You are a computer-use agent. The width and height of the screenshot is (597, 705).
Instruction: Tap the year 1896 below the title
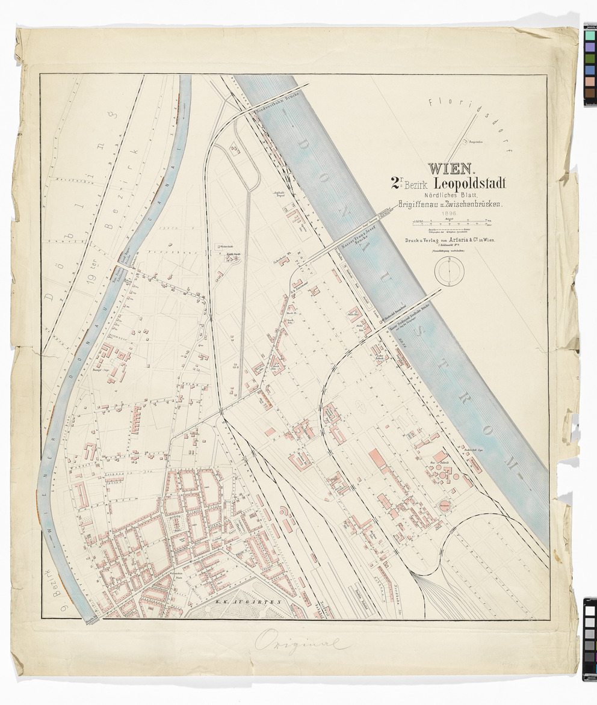click(450, 213)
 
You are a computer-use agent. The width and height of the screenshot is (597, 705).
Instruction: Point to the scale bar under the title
click(448, 223)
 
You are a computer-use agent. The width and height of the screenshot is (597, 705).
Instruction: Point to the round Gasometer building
click(446, 506)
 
